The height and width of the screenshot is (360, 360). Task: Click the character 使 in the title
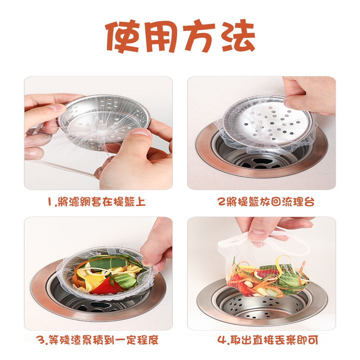pyautogui.click(x=123, y=36)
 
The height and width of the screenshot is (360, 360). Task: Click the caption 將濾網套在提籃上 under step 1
pyautogui.click(x=102, y=202)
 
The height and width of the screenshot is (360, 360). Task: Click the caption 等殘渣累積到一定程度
pyautogui.click(x=104, y=339)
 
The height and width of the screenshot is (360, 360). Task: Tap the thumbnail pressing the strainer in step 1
pyautogui.click(x=140, y=135)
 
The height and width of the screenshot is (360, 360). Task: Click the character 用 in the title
pyautogui.click(x=161, y=36)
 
